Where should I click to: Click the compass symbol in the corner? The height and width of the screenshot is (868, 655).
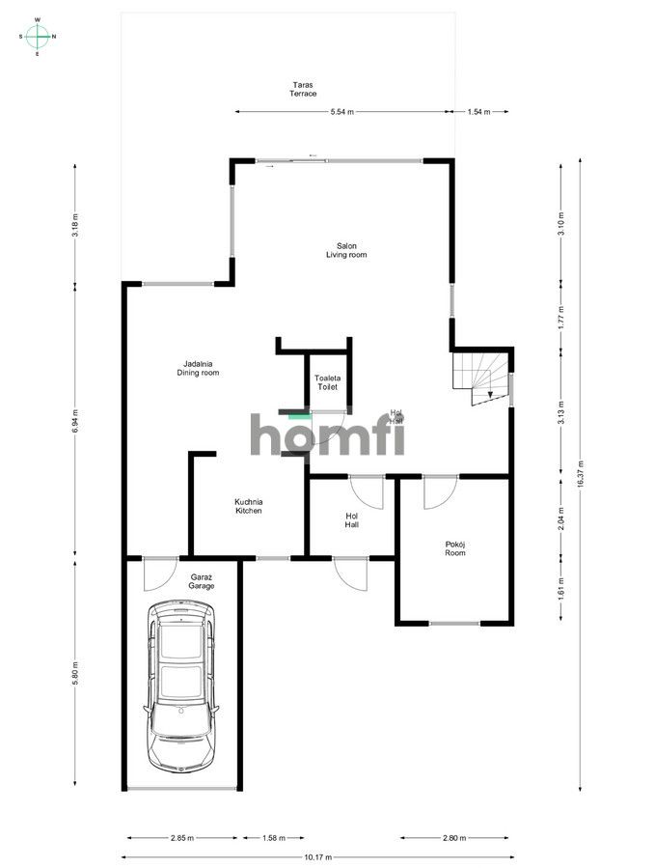(x=38, y=37)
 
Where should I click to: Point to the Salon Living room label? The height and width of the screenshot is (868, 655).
(x=345, y=250)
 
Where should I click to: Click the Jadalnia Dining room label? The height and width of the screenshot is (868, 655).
(x=198, y=368)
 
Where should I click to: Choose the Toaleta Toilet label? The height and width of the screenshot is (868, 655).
(x=328, y=382)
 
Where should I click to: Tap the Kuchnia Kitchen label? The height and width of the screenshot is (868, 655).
(x=249, y=506)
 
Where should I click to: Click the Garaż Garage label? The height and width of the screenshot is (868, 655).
(x=201, y=582)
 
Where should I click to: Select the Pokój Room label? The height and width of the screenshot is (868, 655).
(x=455, y=548)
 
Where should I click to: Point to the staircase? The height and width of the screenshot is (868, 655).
(x=482, y=377)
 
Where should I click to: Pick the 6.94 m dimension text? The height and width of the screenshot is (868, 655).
(x=75, y=421)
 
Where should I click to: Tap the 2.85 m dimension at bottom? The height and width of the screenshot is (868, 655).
(x=180, y=838)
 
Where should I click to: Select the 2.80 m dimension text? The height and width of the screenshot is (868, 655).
(x=455, y=838)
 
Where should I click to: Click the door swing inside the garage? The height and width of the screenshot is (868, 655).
(x=157, y=575)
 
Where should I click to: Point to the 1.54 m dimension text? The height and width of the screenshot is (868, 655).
(x=479, y=112)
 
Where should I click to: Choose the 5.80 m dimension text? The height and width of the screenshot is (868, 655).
(x=75, y=673)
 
